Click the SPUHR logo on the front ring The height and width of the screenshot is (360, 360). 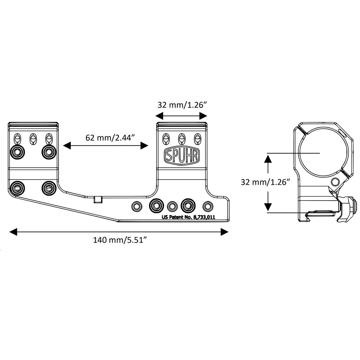181,156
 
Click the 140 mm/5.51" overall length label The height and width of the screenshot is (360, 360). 119,240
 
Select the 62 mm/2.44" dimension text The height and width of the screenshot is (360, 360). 106,138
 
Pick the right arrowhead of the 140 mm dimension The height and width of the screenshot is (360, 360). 224,232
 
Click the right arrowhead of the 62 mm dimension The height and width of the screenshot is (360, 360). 145,146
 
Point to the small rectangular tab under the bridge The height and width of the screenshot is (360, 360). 98,199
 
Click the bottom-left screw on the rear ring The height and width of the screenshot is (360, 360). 16,188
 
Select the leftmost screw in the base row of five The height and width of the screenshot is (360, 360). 137,206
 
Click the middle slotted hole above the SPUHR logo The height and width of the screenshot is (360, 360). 181,139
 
